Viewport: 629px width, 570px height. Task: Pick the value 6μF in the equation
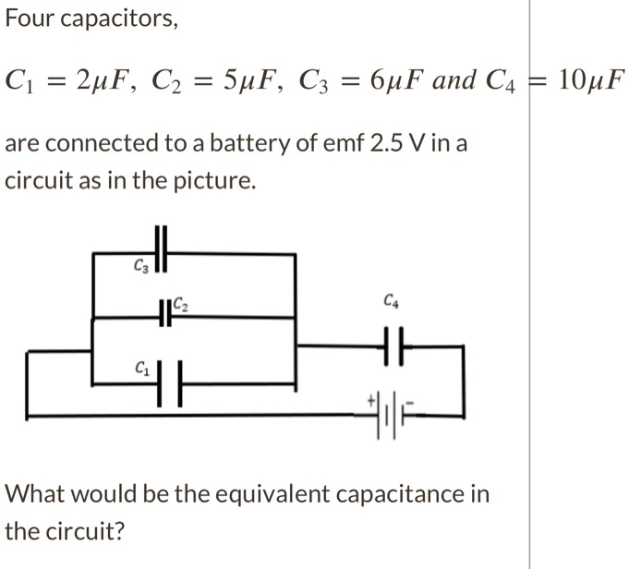[x=394, y=80]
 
